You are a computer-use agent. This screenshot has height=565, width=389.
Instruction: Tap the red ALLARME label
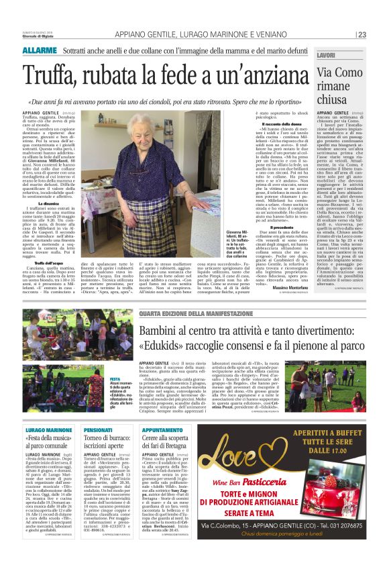tap(39, 51)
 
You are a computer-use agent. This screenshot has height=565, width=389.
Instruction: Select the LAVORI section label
tap(327, 54)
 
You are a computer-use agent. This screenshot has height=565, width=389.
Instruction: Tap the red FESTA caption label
tap(115, 378)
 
